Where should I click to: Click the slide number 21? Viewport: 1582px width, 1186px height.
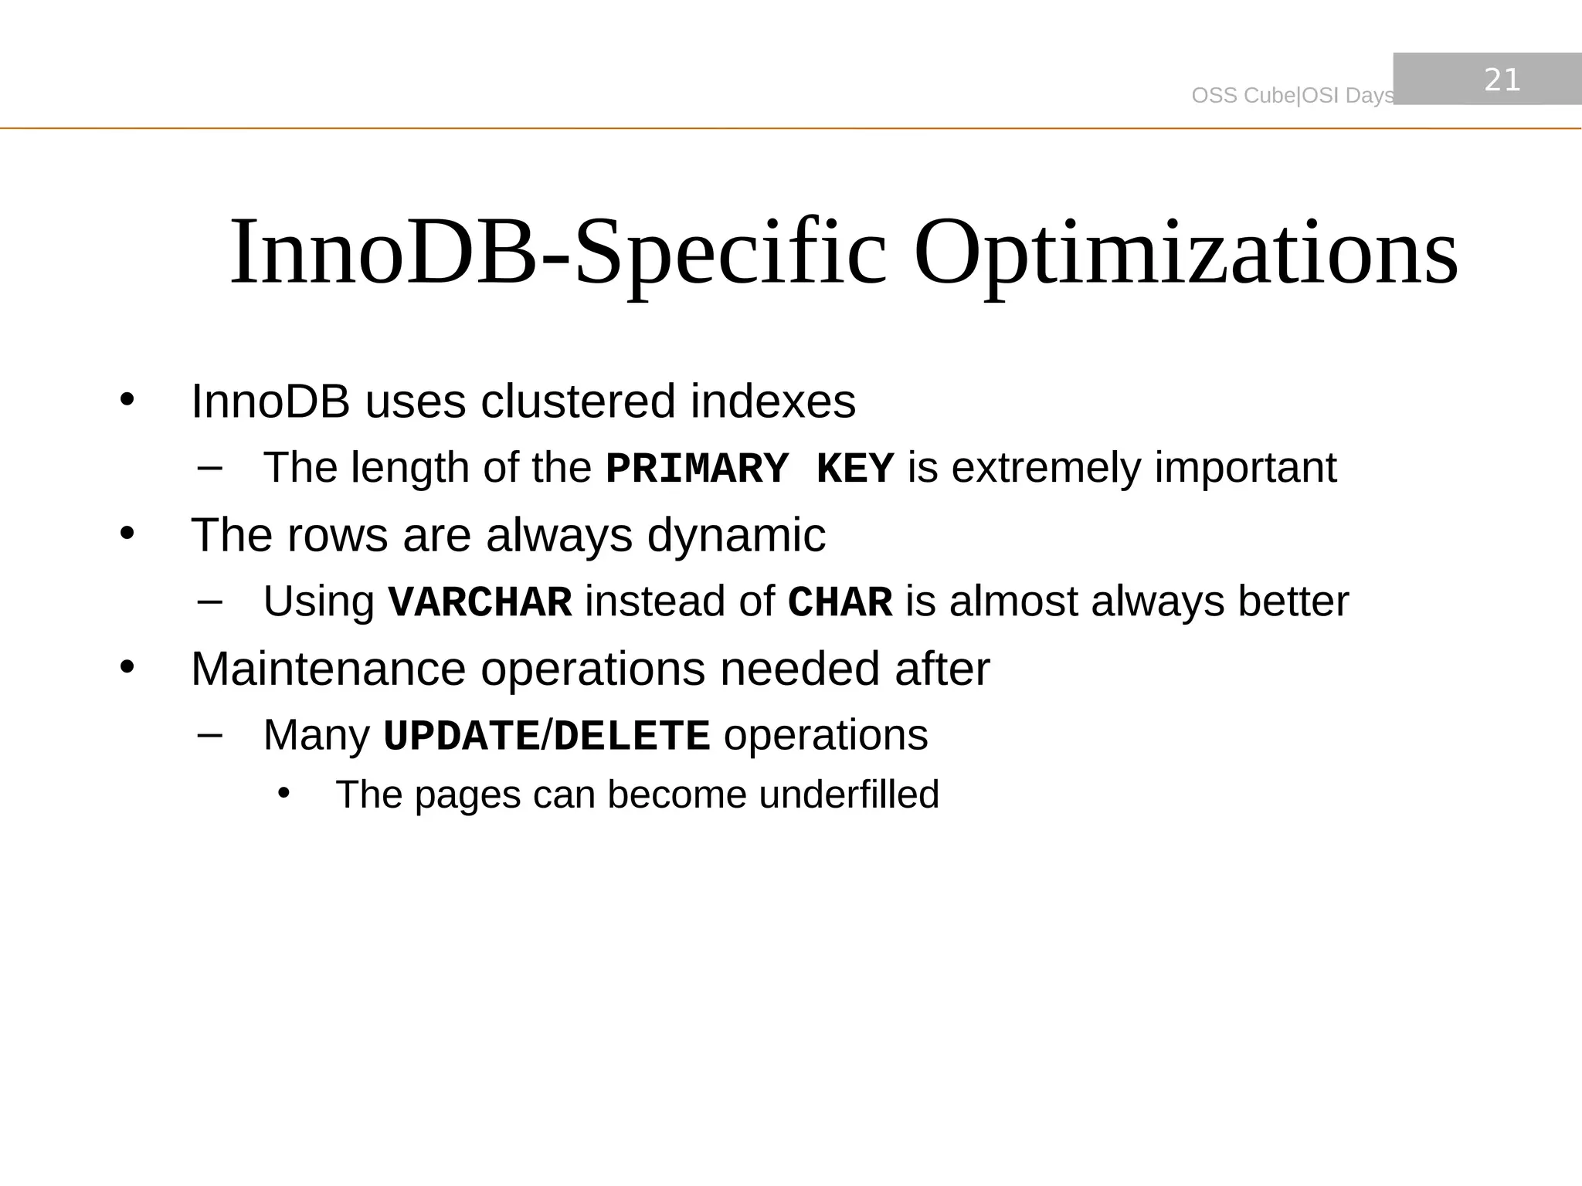1502,80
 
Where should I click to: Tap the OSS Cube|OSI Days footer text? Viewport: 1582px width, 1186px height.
1292,96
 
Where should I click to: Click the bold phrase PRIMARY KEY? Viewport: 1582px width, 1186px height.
749,469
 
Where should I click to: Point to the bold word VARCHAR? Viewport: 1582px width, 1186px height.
480,602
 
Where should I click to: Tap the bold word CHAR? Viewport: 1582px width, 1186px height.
840,602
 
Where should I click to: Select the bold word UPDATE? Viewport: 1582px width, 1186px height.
461,736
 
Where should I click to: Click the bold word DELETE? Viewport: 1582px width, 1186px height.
631,736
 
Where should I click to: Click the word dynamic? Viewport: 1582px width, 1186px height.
736,536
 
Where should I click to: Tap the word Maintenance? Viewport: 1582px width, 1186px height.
328,669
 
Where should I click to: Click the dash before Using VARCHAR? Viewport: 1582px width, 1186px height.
209,600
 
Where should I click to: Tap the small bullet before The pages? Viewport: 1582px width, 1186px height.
283,793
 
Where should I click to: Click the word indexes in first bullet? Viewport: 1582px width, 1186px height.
772,402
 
